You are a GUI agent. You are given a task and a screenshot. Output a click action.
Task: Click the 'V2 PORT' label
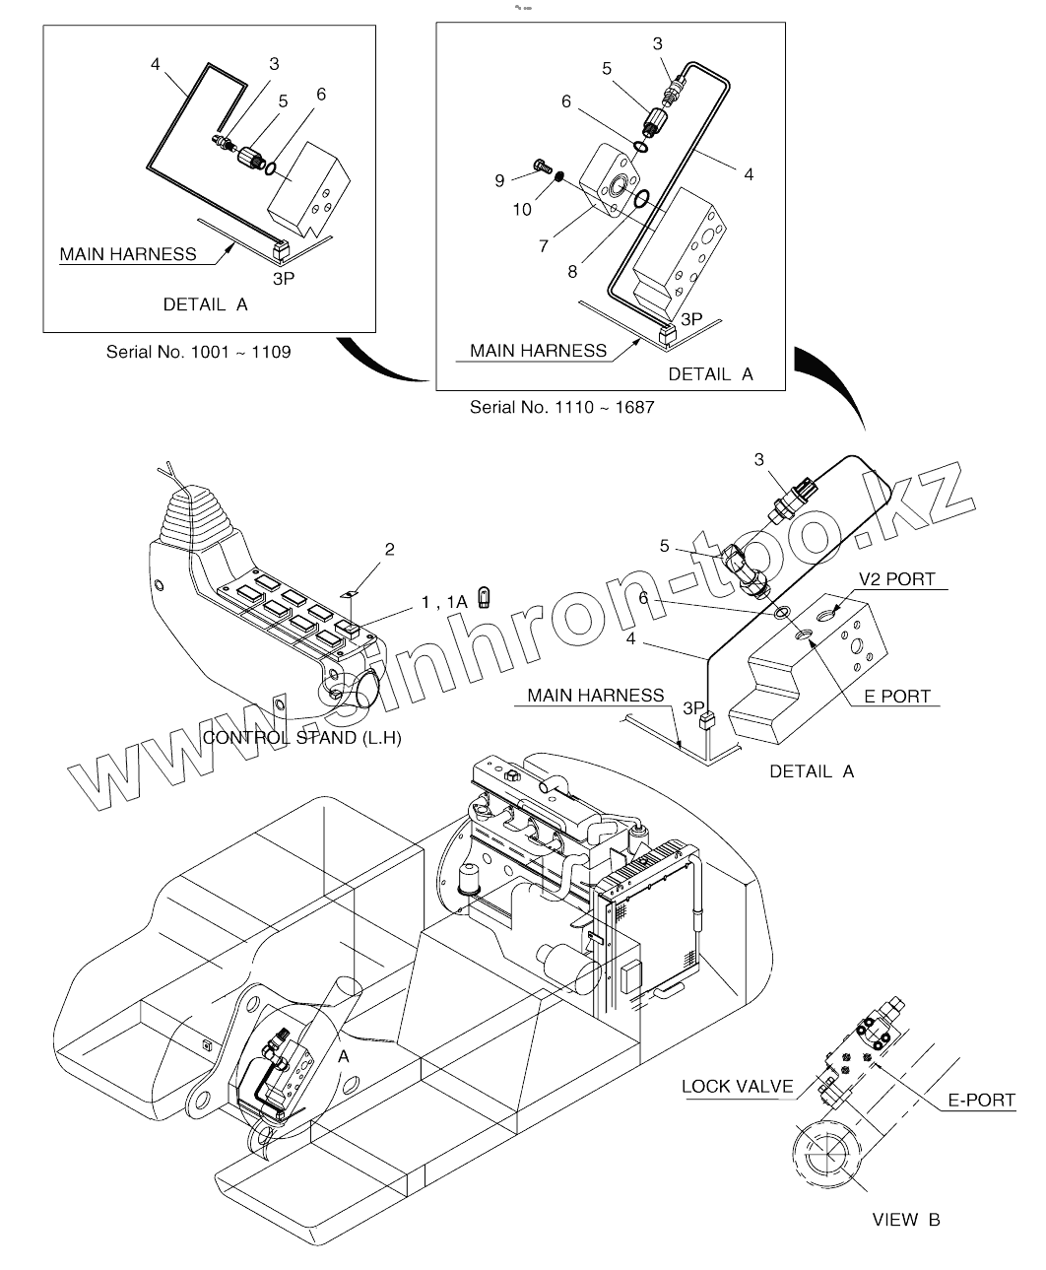(x=896, y=579)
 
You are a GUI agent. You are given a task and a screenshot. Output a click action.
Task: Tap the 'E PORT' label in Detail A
(x=896, y=696)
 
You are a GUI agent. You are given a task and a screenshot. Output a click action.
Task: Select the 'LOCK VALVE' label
(x=737, y=1087)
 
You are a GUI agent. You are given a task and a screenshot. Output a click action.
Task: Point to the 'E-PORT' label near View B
(x=981, y=1100)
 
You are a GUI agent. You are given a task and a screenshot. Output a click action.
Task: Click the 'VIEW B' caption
(x=906, y=1220)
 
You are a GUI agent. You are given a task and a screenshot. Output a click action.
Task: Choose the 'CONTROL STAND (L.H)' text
(x=301, y=737)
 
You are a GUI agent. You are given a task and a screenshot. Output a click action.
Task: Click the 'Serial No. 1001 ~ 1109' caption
(x=198, y=351)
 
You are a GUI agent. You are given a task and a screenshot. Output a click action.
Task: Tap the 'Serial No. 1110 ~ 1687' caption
(x=561, y=407)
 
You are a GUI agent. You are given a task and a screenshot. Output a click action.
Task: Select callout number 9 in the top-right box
(x=499, y=179)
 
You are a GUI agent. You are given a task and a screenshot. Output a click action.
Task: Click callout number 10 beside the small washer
(x=521, y=209)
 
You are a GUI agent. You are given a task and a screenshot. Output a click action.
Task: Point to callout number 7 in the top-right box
(x=544, y=246)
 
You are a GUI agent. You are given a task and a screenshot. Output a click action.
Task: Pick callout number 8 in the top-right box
(x=572, y=271)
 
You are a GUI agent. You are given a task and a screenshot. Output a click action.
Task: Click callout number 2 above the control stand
(x=389, y=550)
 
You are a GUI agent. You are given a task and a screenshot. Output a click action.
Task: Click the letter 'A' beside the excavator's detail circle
(x=344, y=1055)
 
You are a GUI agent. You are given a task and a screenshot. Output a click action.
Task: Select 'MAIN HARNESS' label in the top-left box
(x=128, y=254)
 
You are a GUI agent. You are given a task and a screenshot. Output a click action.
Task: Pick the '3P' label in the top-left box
(x=284, y=278)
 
